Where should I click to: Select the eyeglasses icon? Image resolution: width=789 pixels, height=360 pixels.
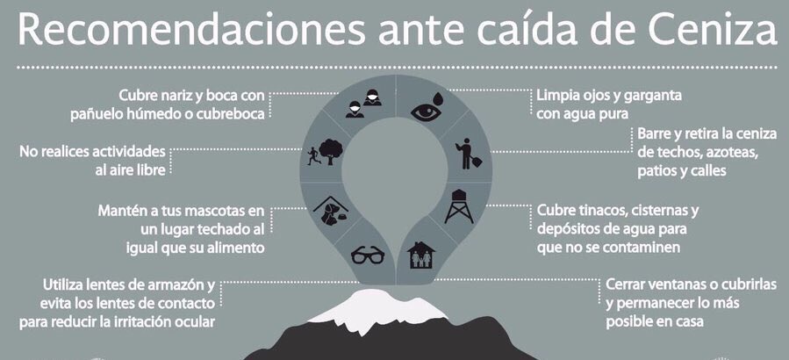(x=366, y=256)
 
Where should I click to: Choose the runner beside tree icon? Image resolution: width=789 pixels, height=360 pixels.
(x=326, y=153)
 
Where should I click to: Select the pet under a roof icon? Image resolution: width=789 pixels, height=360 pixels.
(x=330, y=210)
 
